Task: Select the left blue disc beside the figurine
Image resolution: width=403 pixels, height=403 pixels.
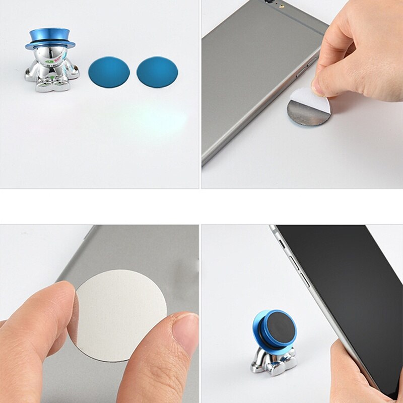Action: pyautogui.click(x=109, y=72)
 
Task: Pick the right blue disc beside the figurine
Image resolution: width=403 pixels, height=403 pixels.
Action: pyautogui.click(x=157, y=72)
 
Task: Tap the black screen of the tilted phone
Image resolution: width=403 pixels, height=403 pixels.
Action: pyautogui.click(x=348, y=292)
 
